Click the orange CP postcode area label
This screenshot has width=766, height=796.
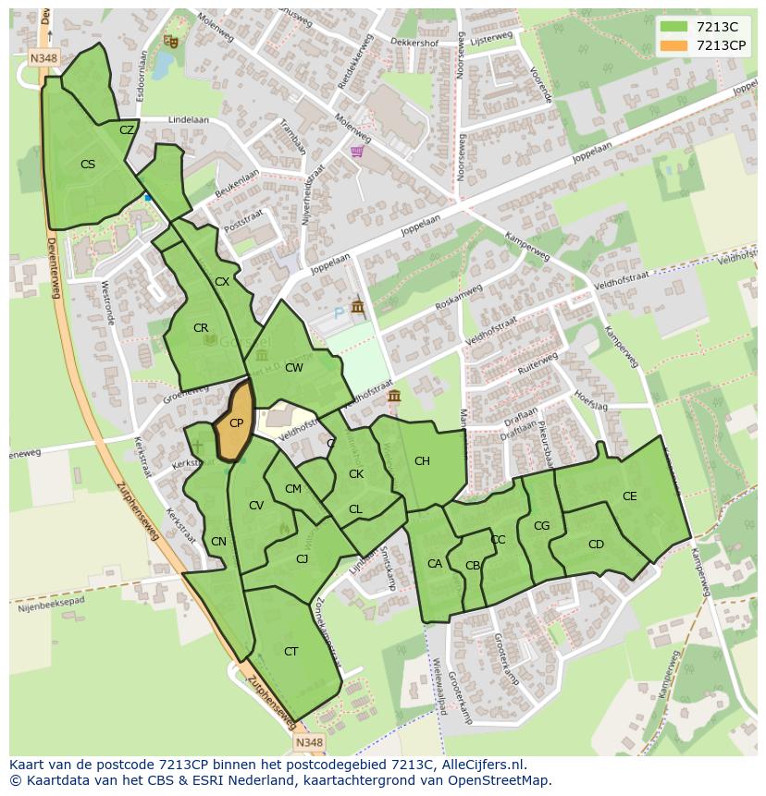point(236,423)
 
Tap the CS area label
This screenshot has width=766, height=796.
point(88,165)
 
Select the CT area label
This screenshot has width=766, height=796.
point(291,652)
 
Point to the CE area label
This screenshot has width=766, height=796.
point(630,496)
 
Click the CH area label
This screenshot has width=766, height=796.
point(422,461)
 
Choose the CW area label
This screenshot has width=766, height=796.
point(294,368)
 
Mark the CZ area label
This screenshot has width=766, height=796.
point(127,130)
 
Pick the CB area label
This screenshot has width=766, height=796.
point(473,566)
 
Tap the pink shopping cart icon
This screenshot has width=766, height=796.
point(357,152)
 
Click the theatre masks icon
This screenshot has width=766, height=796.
point(169,41)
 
